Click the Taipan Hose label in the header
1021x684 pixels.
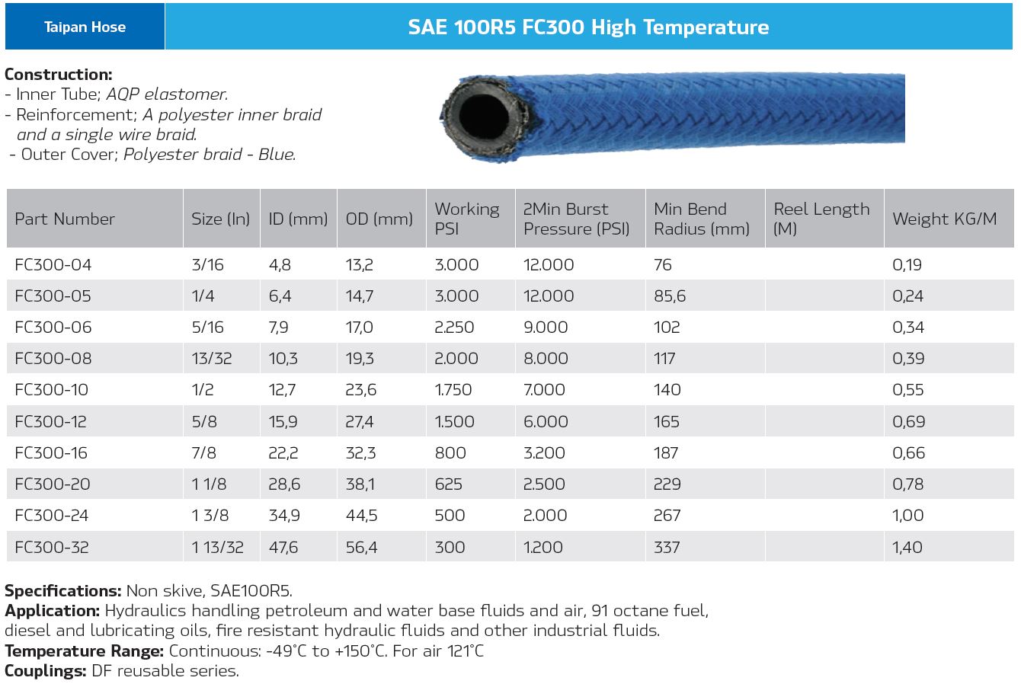click(x=85, y=27)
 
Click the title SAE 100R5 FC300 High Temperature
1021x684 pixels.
click(x=588, y=27)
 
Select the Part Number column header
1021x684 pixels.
click(x=65, y=219)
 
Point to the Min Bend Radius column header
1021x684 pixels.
click(x=701, y=219)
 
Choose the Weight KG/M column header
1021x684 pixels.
click(x=944, y=219)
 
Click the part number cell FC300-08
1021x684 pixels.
click(x=52, y=359)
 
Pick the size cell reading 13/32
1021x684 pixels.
click(x=212, y=359)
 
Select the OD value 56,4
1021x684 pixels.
click(x=361, y=547)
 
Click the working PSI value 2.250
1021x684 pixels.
click(x=454, y=328)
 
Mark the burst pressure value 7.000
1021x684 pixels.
click(x=544, y=390)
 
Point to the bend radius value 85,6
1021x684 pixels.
click(x=670, y=296)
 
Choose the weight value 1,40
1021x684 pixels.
click(x=907, y=547)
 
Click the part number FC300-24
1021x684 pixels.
click(x=52, y=516)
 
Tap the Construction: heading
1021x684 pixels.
click(x=59, y=75)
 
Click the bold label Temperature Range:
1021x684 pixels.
click(x=85, y=651)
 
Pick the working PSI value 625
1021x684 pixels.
click(x=450, y=484)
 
